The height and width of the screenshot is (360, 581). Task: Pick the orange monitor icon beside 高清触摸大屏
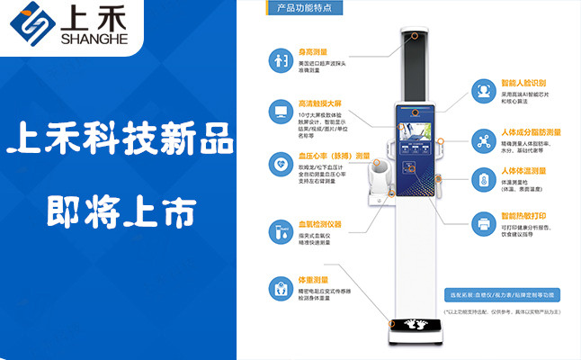click(277, 112)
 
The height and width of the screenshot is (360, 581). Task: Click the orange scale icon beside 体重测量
click(277, 288)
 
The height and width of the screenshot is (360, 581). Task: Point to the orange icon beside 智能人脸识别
click(483, 90)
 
